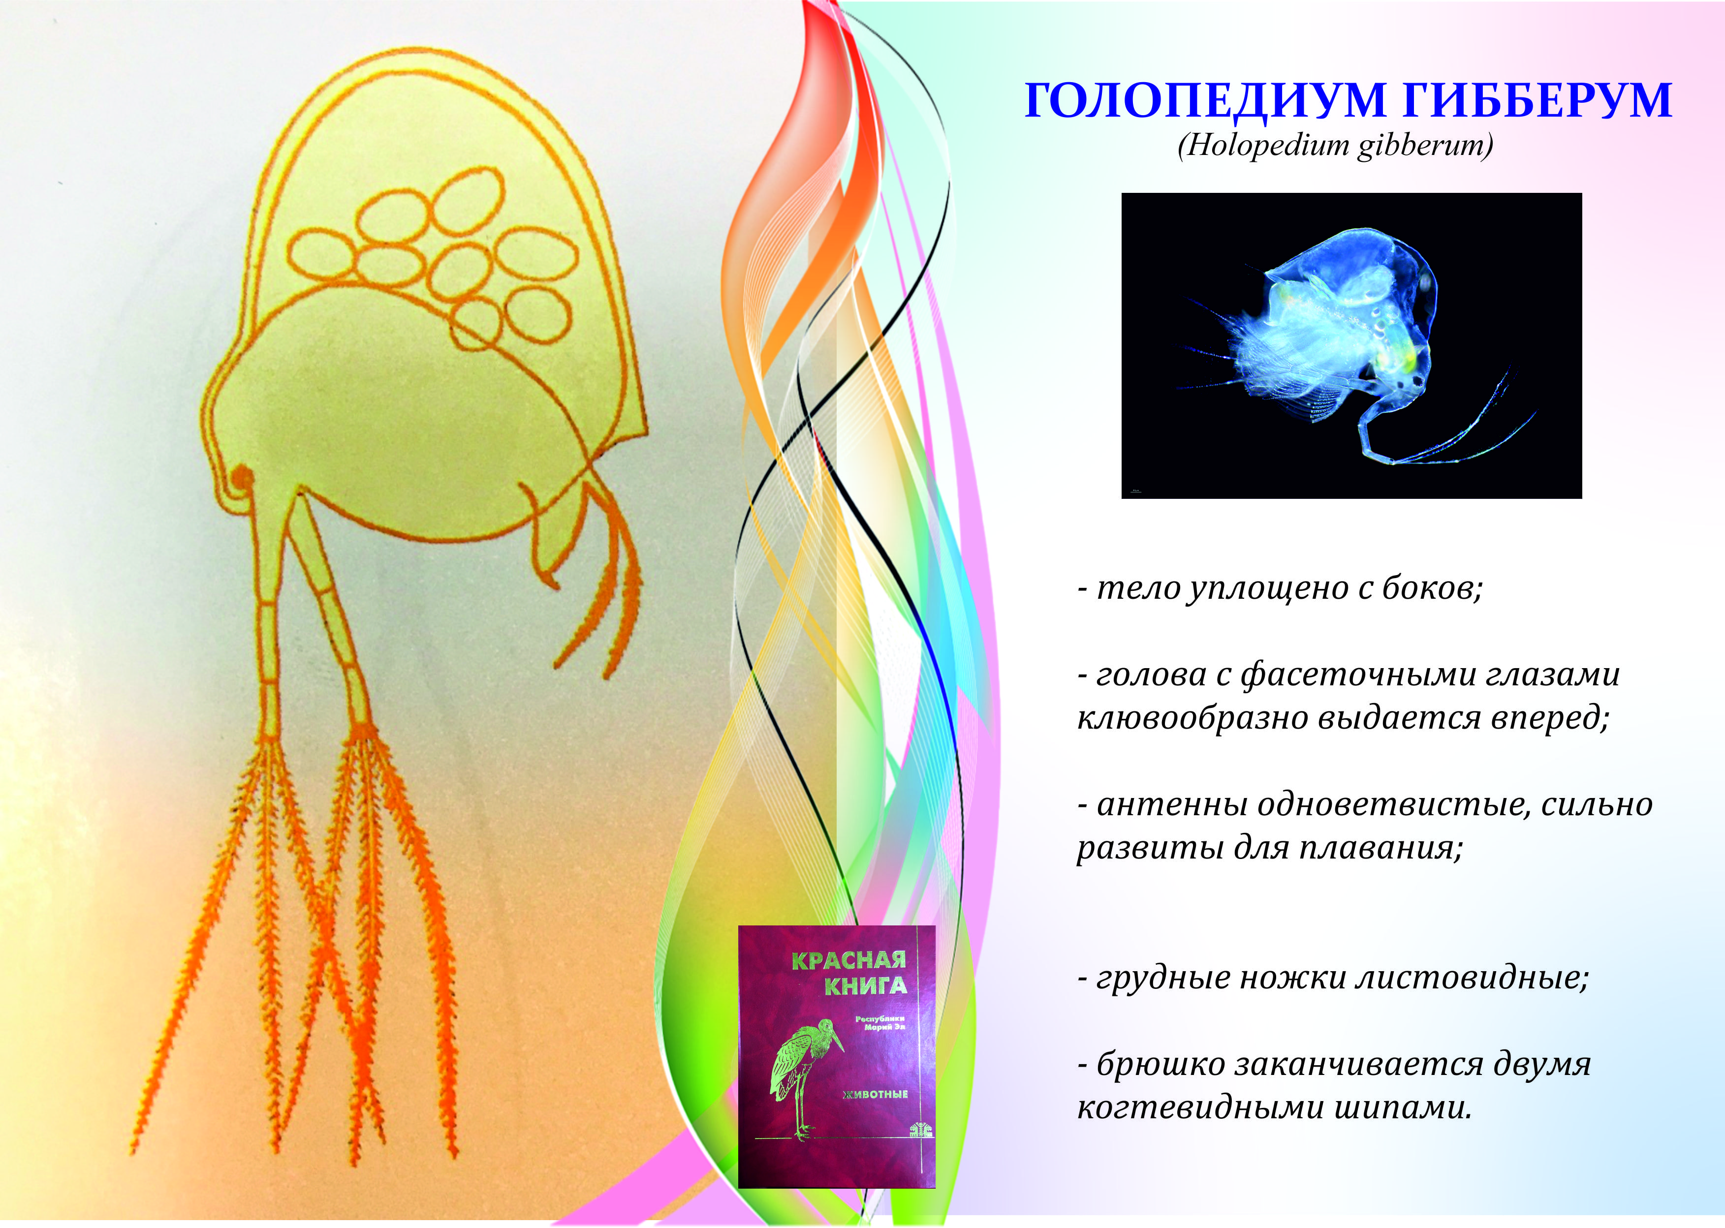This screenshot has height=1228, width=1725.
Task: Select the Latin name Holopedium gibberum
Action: (x=1335, y=145)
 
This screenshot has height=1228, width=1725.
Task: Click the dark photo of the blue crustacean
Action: (x=1351, y=345)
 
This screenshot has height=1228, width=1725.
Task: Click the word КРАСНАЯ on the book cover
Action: (x=848, y=960)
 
